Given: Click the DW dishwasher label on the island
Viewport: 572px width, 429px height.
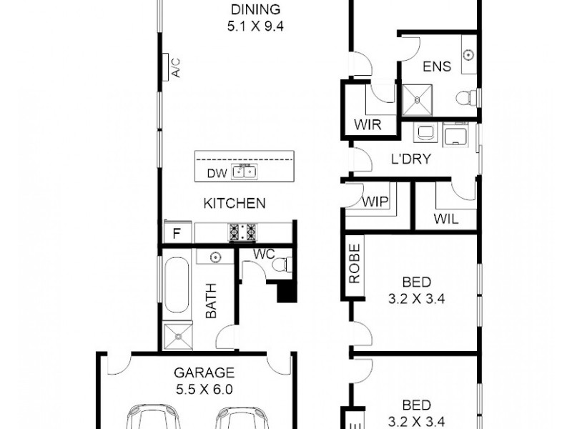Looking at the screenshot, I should (x=216, y=172).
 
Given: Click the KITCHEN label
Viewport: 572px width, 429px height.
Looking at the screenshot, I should (x=235, y=204).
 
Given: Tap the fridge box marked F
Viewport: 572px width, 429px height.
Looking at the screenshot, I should (x=176, y=232).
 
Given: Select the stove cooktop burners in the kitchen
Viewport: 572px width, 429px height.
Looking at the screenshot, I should (x=242, y=232).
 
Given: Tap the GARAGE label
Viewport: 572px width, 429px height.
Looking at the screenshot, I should (x=194, y=373).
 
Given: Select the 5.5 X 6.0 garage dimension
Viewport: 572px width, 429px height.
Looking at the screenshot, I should (x=194, y=390).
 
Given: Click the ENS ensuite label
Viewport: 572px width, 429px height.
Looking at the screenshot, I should (x=437, y=67).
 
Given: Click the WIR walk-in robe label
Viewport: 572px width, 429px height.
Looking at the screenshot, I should (x=368, y=124).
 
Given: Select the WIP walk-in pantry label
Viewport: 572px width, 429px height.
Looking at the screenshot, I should (x=375, y=202).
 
